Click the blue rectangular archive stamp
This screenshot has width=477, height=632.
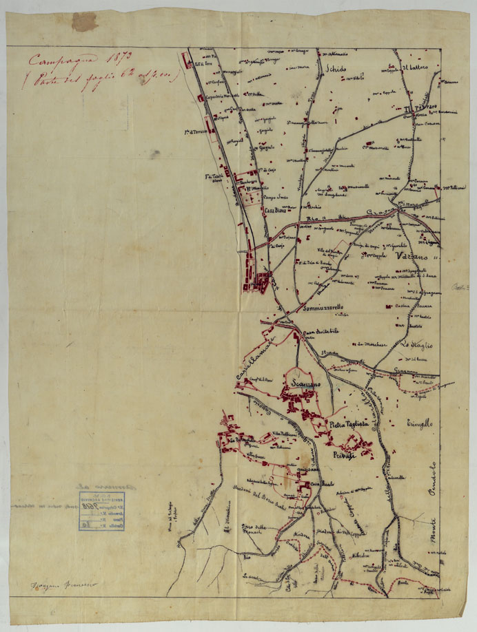click(92, 512)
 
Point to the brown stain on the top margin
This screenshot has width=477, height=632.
click(85, 21)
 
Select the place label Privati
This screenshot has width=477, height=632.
click(343, 457)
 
